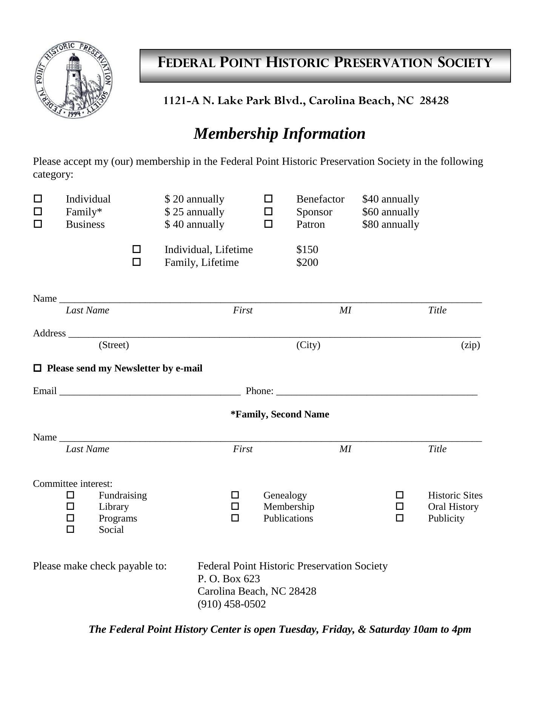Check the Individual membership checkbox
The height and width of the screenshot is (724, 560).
click(x=38, y=198)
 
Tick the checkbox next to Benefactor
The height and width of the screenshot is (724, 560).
click(x=268, y=198)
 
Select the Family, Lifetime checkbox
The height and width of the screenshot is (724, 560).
click(x=137, y=262)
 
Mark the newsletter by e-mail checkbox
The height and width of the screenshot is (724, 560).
click(x=37, y=368)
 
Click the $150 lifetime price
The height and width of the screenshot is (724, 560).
click(x=307, y=250)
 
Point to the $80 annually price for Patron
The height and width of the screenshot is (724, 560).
click(x=390, y=224)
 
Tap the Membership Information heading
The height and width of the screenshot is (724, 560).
click(x=279, y=134)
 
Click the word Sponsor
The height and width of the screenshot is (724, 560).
click(x=314, y=212)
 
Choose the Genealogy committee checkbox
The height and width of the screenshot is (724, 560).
click(x=235, y=495)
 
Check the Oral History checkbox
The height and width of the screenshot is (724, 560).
click(x=400, y=506)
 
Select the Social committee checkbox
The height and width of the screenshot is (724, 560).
click(x=71, y=529)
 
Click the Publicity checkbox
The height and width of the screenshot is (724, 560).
click(x=400, y=518)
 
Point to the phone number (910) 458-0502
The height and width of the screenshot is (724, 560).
click(x=232, y=604)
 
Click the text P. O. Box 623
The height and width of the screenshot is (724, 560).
click(x=229, y=578)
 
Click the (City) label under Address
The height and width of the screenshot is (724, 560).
click(x=308, y=345)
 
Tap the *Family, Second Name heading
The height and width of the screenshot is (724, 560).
click(x=280, y=414)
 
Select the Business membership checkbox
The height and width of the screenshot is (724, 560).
click(x=38, y=224)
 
